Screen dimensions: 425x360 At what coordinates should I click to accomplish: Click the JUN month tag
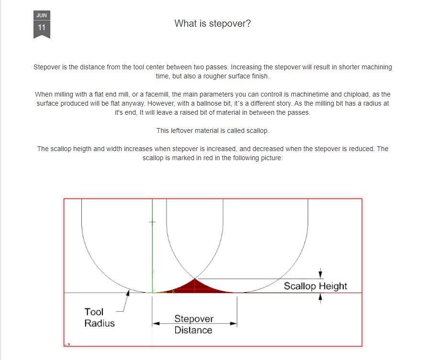tap(42, 15)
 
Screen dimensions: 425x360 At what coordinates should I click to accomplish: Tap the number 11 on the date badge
tap(42, 27)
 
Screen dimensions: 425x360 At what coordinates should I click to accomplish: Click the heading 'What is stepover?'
tap(212, 23)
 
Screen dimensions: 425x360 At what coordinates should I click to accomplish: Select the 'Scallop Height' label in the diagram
tap(315, 286)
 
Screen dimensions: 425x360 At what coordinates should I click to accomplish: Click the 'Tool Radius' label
tap(100, 317)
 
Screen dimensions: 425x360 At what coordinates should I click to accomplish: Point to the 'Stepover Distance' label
tap(193, 324)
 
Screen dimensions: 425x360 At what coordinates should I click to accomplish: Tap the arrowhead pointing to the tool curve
tap(128, 293)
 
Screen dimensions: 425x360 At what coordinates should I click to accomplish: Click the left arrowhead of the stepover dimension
tap(156, 324)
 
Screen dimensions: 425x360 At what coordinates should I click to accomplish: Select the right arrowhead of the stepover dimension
tap(234, 324)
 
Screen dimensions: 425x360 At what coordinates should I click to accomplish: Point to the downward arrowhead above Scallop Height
tap(320, 275)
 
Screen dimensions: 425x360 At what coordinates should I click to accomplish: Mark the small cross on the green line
tap(152, 222)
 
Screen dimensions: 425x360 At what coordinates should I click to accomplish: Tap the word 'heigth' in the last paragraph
tap(82, 149)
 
